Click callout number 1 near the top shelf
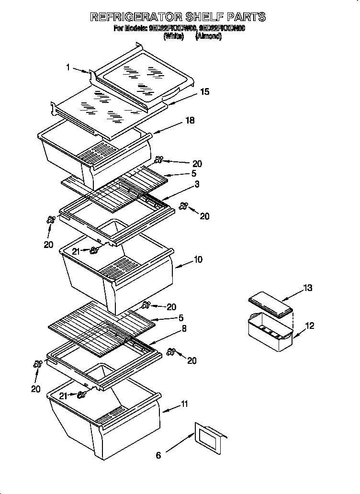click(68, 68)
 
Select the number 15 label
click(204, 91)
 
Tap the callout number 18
click(190, 121)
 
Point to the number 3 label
click(197, 184)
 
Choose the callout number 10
click(198, 259)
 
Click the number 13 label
click(307, 288)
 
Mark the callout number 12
click(310, 326)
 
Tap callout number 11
click(184, 405)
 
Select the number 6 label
click(158, 455)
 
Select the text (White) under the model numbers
click(174, 36)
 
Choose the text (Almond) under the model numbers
click(208, 36)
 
